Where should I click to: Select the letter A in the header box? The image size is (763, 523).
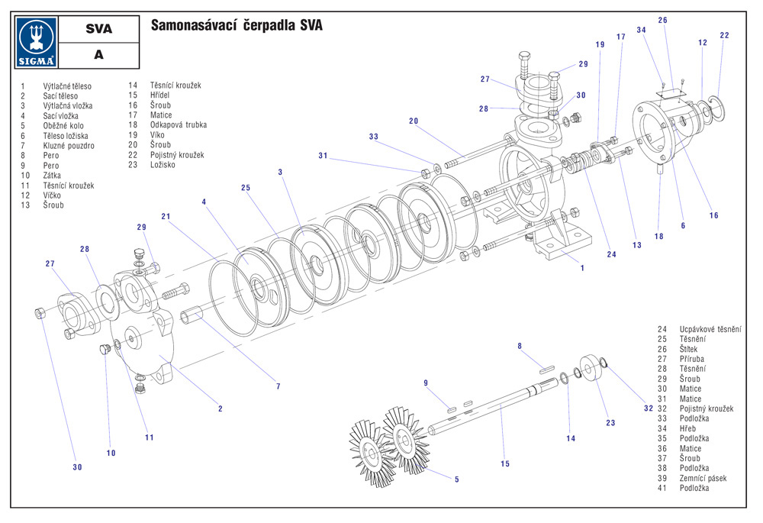(98, 55)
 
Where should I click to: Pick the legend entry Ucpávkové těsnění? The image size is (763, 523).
(710, 329)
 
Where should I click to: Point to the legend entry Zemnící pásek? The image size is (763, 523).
(703, 478)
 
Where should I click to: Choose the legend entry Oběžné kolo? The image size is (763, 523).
(63, 125)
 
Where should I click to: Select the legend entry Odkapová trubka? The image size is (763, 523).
(179, 124)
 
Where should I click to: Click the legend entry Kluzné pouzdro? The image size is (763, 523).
(69, 145)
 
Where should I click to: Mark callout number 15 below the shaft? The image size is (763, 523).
(505, 463)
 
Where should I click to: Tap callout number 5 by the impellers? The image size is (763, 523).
(457, 479)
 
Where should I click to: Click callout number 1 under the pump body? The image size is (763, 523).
(582, 268)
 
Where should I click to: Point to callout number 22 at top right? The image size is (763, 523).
(724, 35)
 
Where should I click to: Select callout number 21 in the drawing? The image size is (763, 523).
(166, 216)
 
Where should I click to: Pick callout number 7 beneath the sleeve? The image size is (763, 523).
(278, 387)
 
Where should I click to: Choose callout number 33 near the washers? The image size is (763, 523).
(373, 137)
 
